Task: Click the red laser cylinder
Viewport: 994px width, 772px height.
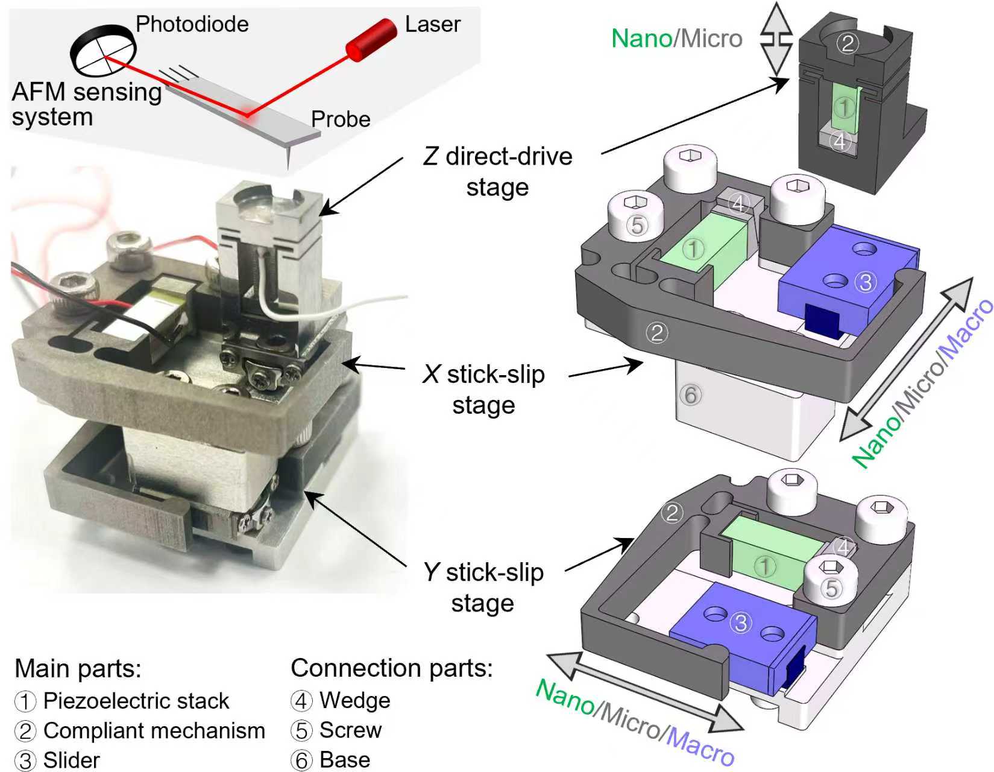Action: pyautogui.click(x=371, y=40)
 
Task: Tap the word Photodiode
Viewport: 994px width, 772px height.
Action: pyautogui.click(x=192, y=24)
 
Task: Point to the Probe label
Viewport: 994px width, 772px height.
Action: pyautogui.click(x=341, y=119)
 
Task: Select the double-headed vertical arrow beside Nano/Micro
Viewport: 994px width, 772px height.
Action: pyautogui.click(x=776, y=39)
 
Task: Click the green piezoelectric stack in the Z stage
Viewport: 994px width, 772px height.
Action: pyautogui.click(x=844, y=109)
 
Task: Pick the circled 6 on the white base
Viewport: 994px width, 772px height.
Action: pyautogui.click(x=691, y=396)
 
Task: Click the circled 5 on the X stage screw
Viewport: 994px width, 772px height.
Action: pyautogui.click(x=637, y=224)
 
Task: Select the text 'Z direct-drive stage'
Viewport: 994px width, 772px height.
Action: pyautogui.click(x=498, y=172)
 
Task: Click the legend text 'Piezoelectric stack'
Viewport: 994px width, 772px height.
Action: pyautogui.click(x=136, y=701)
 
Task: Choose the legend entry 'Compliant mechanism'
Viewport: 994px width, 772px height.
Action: pyautogui.click(x=154, y=730)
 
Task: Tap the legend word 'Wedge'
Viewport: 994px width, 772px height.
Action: pyautogui.click(x=355, y=700)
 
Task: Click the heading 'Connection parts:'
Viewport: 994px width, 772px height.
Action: pyautogui.click(x=392, y=668)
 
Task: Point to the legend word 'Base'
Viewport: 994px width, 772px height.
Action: pyautogui.click(x=345, y=759)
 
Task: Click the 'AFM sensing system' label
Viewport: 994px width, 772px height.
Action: pyautogui.click(x=86, y=104)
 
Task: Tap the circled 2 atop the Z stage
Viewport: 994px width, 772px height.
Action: pyautogui.click(x=848, y=43)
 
